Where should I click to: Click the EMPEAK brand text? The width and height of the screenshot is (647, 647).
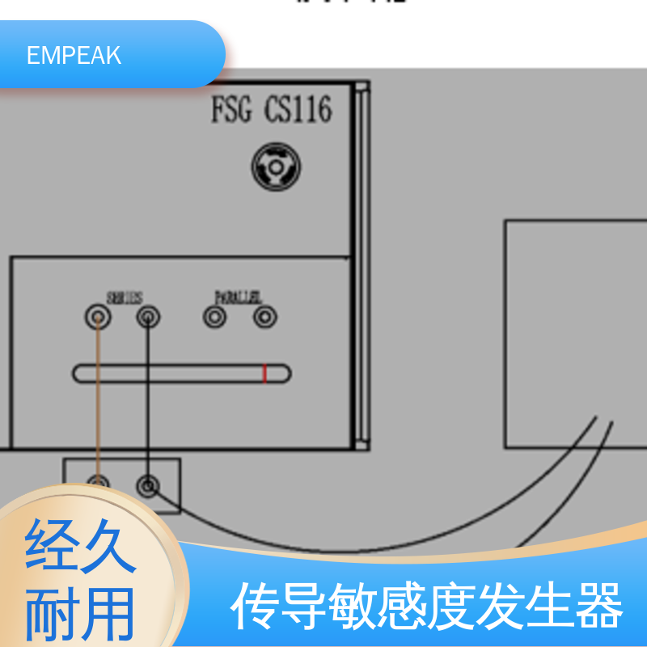coord(74,55)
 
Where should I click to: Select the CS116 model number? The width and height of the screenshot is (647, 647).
coord(298,110)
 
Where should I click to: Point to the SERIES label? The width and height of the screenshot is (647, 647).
coord(125,298)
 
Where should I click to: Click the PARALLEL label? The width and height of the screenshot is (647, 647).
coord(238,298)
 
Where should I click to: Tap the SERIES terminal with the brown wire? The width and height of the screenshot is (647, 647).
coord(98,317)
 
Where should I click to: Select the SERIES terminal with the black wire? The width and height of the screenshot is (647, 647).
coord(147,317)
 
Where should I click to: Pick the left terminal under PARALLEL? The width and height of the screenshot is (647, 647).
coord(214,317)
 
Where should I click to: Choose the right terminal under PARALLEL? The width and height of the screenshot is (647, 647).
coord(264,317)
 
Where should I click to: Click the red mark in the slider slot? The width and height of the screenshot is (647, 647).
coord(264,374)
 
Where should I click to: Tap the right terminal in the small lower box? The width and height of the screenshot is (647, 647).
coord(147,485)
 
